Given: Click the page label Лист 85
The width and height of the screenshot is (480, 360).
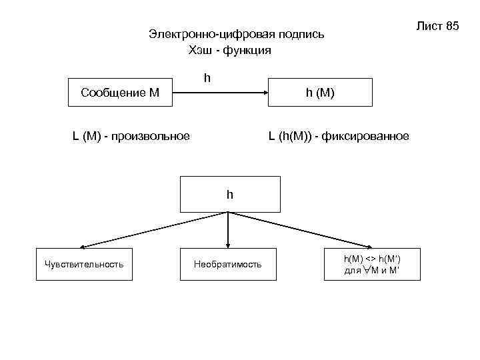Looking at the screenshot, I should (437, 26).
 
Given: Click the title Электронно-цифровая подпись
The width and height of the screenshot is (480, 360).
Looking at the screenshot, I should (237, 35).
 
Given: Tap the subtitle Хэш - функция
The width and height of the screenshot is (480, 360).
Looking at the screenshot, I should (230, 51).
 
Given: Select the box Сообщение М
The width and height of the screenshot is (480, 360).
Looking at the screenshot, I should (119, 93).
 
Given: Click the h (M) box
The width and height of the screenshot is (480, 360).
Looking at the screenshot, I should (320, 93).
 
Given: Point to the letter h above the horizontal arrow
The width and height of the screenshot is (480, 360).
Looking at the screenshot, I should (207, 79).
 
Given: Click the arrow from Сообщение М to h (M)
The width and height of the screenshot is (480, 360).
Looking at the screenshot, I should (220, 93).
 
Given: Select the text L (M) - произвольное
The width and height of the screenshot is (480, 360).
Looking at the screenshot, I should (131, 137).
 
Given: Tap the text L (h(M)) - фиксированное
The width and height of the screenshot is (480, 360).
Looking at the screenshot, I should (339, 137).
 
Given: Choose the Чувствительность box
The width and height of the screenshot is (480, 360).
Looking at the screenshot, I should (84, 265).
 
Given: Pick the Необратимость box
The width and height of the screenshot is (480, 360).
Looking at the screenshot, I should (228, 265).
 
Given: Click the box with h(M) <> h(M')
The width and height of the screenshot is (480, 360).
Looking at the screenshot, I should (373, 265).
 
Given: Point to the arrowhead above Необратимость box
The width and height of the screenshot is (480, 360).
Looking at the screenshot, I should (229, 245).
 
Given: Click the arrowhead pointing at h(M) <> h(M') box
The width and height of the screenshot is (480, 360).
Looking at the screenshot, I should (370, 246).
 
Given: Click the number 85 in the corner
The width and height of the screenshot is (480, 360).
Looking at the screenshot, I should (452, 26).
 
